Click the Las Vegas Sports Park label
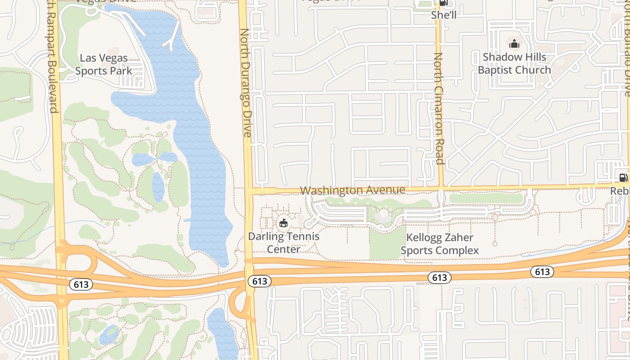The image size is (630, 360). tap(103, 64)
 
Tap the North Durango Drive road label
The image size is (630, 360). tap(246, 83)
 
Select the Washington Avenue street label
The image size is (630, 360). tap(352, 190)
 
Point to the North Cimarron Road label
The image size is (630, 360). tap(439, 108)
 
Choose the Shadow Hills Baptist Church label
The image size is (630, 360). tap(514, 63)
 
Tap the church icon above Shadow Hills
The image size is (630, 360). tap(514, 44)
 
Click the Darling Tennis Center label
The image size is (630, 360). tap(283, 243)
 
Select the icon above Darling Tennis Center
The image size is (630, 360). tap(283, 223)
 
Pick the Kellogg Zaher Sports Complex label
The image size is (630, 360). tap(440, 244)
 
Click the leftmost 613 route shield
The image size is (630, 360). tap(81, 284)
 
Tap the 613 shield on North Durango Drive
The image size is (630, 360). tap(260, 281)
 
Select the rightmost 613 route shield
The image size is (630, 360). tap(542, 271)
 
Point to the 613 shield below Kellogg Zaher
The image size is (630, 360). tap(439, 278)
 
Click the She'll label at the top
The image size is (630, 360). tap(444, 15)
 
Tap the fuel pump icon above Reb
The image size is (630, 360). tap(623, 178)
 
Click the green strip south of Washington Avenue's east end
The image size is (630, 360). tap(486, 198)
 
